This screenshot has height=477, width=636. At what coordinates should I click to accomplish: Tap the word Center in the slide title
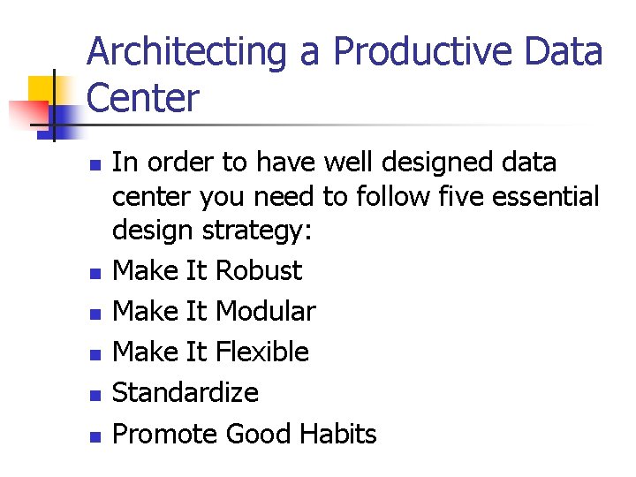[x=144, y=98]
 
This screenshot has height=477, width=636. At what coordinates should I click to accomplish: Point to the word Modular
[x=265, y=311]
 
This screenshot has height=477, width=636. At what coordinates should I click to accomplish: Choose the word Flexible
[x=262, y=352]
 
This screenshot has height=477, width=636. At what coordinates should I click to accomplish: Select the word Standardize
[x=185, y=392]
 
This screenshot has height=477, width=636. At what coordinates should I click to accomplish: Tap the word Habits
[x=338, y=434]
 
